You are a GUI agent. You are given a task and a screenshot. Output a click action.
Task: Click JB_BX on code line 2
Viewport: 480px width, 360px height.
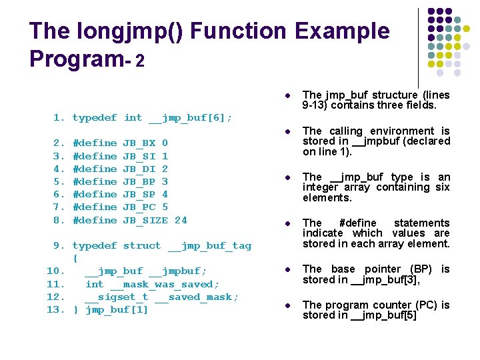(x=139, y=143)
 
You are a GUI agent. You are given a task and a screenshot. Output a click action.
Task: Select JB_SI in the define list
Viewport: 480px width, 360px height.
(x=139, y=156)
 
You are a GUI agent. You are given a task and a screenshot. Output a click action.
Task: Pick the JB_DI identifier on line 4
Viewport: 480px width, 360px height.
(x=139, y=169)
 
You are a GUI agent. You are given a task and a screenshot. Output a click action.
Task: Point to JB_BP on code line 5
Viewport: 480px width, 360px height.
(x=139, y=181)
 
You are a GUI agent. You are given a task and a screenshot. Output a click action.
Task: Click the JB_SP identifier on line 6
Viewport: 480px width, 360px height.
(x=139, y=195)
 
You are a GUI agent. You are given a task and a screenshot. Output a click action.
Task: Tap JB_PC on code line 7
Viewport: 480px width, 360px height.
(x=139, y=207)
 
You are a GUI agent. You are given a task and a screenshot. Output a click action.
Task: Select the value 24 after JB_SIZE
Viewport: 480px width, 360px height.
(x=181, y=220)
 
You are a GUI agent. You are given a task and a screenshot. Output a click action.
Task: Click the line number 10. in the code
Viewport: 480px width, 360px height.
(x=56, y=271)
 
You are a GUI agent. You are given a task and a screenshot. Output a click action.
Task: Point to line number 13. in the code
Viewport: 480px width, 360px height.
(x=56, y=310)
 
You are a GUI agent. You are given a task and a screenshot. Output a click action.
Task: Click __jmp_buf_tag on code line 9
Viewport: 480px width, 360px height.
(x=209, y=246)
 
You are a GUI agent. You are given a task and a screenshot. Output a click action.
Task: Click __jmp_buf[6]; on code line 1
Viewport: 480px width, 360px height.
(x=190, y=118)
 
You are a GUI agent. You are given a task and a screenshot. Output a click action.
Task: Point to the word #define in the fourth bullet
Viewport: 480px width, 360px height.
(x=358, y=223)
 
